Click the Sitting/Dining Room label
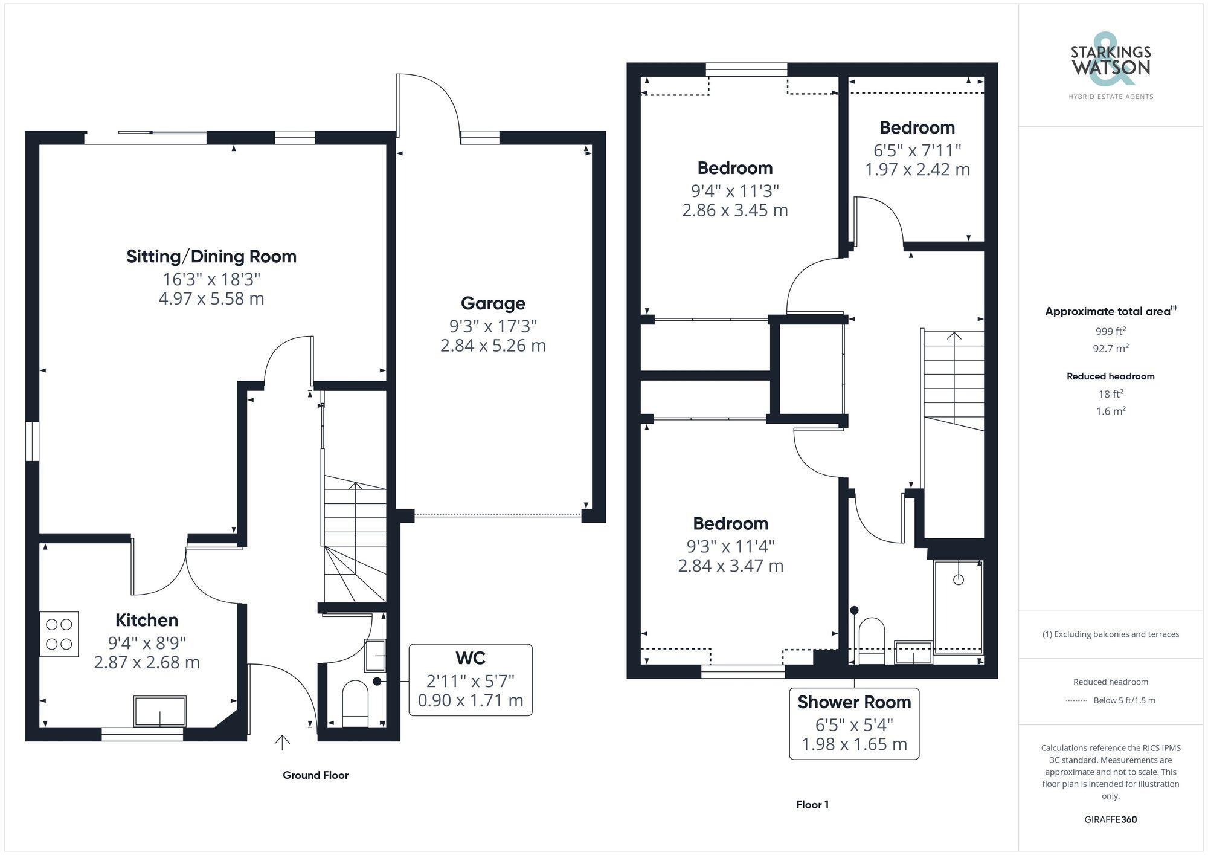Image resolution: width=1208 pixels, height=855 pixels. [211, 256]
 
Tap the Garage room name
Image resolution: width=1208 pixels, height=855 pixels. [493, 303]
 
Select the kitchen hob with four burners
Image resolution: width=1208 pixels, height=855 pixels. [59, 634]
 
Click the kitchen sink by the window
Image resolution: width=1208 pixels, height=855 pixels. [160, 711]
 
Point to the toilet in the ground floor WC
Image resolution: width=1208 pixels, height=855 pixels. [355, 703]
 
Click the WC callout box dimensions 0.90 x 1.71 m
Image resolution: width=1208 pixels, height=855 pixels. [471, 700]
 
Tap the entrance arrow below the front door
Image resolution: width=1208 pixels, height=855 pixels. [282, 742]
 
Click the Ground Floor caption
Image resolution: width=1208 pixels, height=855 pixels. [315, 775]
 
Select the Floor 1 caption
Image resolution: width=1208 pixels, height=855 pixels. [812, 805]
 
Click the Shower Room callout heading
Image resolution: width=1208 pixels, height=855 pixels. [854, 702]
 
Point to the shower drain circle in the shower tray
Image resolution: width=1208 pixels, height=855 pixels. [959, 579]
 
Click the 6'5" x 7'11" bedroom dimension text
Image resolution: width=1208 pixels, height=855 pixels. [917, 150]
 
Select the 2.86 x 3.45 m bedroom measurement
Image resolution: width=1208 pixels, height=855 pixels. [734, 210]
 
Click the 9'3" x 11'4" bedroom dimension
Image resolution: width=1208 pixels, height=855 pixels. [730, 546]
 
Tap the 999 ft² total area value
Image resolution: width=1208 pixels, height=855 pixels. [1110, 331]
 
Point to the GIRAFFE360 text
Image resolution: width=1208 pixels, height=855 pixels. [1110, 820]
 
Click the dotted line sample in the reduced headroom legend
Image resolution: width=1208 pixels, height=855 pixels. [1076, 701]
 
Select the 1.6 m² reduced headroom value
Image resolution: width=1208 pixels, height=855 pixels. [1110, 411]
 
